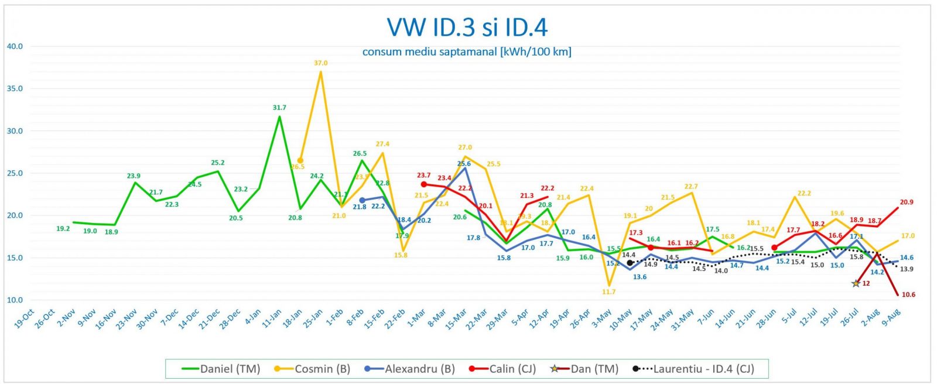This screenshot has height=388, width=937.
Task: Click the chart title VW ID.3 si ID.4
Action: coord(467,28)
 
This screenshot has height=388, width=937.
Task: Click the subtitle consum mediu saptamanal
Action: coord(467,52)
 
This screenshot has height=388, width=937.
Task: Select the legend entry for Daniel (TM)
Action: coord(222,369)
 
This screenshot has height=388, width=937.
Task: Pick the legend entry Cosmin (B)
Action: coord(314,369)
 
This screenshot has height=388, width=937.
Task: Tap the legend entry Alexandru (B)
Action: coord(410,369)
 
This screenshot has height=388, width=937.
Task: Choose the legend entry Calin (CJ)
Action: coord(503,369)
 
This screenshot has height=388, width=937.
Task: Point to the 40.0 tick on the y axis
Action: coord(15,46)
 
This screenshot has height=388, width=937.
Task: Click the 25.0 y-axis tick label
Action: coord(15,173)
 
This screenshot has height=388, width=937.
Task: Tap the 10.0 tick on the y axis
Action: coord(15,300)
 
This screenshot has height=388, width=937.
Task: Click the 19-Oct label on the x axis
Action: coord(25,319)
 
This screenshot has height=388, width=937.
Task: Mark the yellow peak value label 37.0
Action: coord(320,63)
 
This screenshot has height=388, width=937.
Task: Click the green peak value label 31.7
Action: coord(279,108)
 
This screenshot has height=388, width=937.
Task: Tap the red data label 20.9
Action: coord(907,202)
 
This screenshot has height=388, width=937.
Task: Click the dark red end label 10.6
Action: coord(908,295)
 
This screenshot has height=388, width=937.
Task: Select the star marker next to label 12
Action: coord(856,283)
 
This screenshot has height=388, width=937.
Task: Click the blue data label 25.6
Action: coord(464,164)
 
